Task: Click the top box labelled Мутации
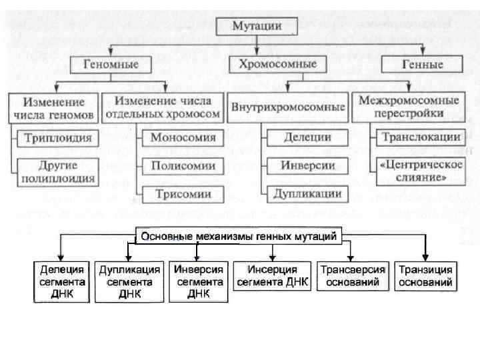point(257,27)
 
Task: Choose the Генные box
point(422,65)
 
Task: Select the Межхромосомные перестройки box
point(409,107)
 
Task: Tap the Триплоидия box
point(57,139)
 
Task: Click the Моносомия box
point(183,139)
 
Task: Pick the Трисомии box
point(183,194)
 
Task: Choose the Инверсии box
point(307,165)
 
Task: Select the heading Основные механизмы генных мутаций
point(239,236)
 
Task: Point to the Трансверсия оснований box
point(353,276)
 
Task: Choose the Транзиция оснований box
point(425,276)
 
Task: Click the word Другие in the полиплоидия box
point(58,165)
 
